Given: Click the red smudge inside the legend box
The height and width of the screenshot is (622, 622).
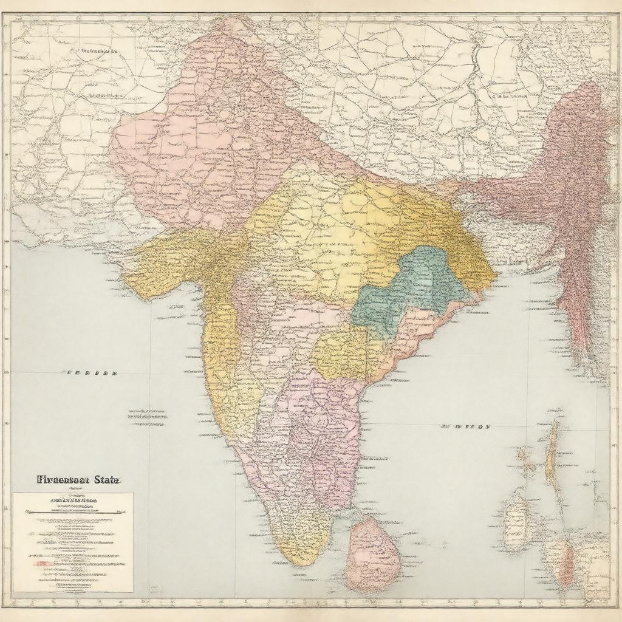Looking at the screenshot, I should pos(43,564).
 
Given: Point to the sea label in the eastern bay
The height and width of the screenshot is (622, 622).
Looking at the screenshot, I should pos(465,427).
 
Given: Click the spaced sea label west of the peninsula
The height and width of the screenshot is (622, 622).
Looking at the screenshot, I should pos(91,372).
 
